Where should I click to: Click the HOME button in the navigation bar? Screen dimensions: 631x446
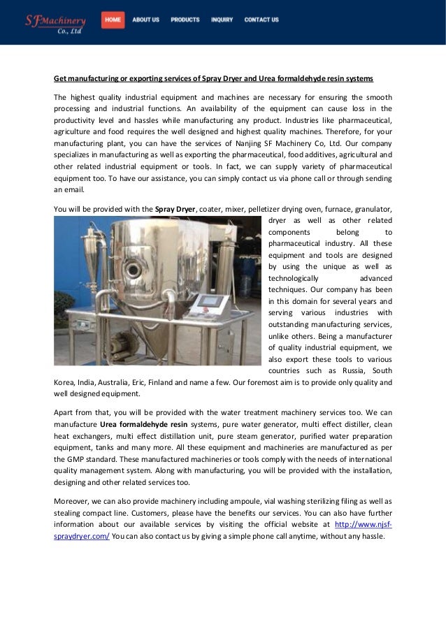[x=113, y=20]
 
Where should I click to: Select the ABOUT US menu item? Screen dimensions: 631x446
[x=145, y=20]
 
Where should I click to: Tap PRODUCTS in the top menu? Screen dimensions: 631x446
[x=185, y=20]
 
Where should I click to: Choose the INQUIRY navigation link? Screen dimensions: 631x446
[x=222, y=20]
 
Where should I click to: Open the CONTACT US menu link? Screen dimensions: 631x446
[x=261, y=20]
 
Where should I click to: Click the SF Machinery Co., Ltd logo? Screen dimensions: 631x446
[x=56, y=24]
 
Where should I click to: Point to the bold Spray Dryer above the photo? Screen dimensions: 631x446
[x=175, y=208]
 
